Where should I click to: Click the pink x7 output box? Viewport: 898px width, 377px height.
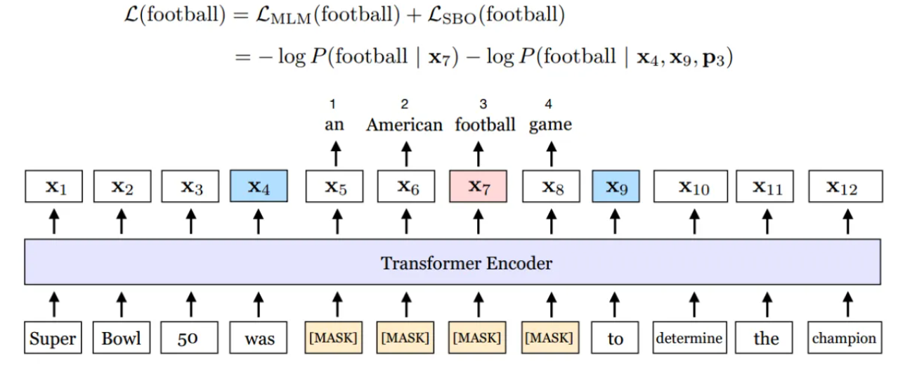(x=479, y=187)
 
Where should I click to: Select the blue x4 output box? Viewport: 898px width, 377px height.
(x=258, y=187)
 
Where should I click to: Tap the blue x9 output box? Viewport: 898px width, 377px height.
(x=616, y=187)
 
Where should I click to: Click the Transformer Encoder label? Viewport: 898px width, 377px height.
(x=467, y=263)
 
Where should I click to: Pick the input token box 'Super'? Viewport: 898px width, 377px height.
(x=53, y=338)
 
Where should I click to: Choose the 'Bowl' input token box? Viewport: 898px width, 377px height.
(x=122, y=338)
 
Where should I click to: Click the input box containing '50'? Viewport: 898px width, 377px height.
(x=188, y=338)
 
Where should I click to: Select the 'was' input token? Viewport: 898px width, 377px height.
(x=259, y=338)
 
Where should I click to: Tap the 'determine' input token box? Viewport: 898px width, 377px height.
(x=689, y=338)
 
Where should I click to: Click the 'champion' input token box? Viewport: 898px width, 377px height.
(x=844, y=338)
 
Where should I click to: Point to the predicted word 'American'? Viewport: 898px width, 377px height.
(x=405, y=125)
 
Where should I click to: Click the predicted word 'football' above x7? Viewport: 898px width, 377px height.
(x=485, y=125)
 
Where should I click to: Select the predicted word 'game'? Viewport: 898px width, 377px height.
(x=550, y=125)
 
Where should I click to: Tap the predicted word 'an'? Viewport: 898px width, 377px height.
(x=334, y=125)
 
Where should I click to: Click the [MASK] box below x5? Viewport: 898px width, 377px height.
(x=334, y=338)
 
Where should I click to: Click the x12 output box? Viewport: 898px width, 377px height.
(x=844, y=187)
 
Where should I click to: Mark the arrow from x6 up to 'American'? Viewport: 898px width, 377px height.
(x=406, y=153)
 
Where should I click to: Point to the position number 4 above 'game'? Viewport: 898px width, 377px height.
(x=549, y=105)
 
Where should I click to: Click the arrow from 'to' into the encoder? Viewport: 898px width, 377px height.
(x=616, y=305)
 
